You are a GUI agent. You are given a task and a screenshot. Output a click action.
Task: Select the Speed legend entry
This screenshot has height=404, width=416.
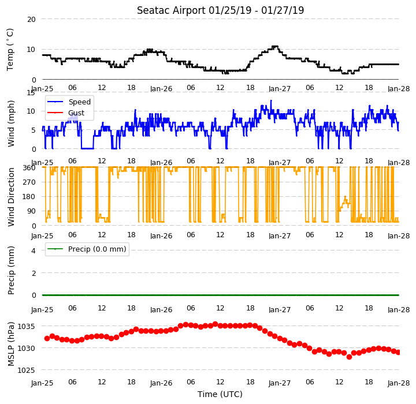pyautogui.click(x=69, y=102)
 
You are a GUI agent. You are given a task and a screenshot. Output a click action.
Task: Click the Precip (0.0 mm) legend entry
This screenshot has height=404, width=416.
pyautogui.click(x=86, y=249)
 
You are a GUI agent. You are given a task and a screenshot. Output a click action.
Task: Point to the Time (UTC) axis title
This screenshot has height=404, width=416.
pyautogui.click(x=220, y=394)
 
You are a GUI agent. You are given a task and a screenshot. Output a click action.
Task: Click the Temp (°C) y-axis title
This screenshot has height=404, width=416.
pyautogui.click(x=10, y=50)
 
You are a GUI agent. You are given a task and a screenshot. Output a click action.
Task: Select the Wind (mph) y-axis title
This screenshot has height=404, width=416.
pyautogui.click(x=10, y=124)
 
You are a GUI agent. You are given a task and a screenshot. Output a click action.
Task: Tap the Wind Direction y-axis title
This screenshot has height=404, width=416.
pyautogui.click(x=10, y=197)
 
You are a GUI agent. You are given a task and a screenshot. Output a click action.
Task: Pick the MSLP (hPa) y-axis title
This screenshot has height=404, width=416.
pyautogui.click(x=10, y=344)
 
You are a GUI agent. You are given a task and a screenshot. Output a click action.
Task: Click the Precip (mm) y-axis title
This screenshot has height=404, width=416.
pyautogui.click(x=10, y=271)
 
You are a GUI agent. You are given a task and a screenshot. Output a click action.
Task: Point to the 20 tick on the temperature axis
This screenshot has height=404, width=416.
pyautogui.click(x=31, y=20)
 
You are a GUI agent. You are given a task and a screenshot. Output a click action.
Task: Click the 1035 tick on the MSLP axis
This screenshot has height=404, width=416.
pyautogui.click(x=26, y=326)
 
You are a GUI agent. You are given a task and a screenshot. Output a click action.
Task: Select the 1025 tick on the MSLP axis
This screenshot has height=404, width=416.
pyautogui.click(x=26, y=370)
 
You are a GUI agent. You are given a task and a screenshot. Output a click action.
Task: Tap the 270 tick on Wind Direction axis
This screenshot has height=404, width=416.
pyautogui.click(x=29, y=182)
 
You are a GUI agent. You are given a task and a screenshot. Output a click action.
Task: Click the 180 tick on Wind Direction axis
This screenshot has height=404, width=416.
pyautogui.click(x=29, y=197)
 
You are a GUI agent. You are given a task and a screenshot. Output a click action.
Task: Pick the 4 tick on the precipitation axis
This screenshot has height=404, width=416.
pyautogui.click(x=34, y=250)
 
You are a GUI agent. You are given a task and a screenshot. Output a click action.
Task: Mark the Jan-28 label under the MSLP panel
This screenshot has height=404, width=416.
pyautogui.click(x=399, y=383)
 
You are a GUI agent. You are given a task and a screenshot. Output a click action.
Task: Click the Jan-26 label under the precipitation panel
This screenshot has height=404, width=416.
pyautogui.click(x=161, y=309)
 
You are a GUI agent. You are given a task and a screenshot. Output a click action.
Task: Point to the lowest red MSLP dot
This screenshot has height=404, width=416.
pyautogui.click(x=349, y=357)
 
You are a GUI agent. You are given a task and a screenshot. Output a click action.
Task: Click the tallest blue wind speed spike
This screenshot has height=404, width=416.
pyautogui.click(x=271, y=101)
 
